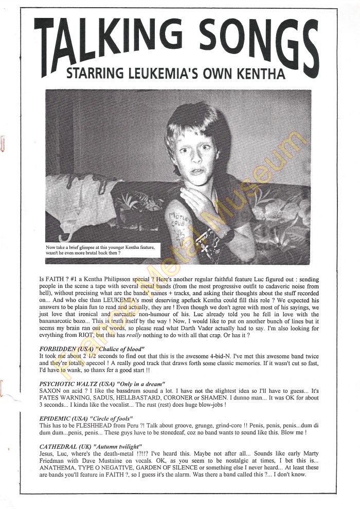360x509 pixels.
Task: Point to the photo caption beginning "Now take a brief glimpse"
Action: click(100, 250)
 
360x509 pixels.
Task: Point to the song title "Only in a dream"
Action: click(141, 384)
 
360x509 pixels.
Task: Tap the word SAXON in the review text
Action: click(49, 391)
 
